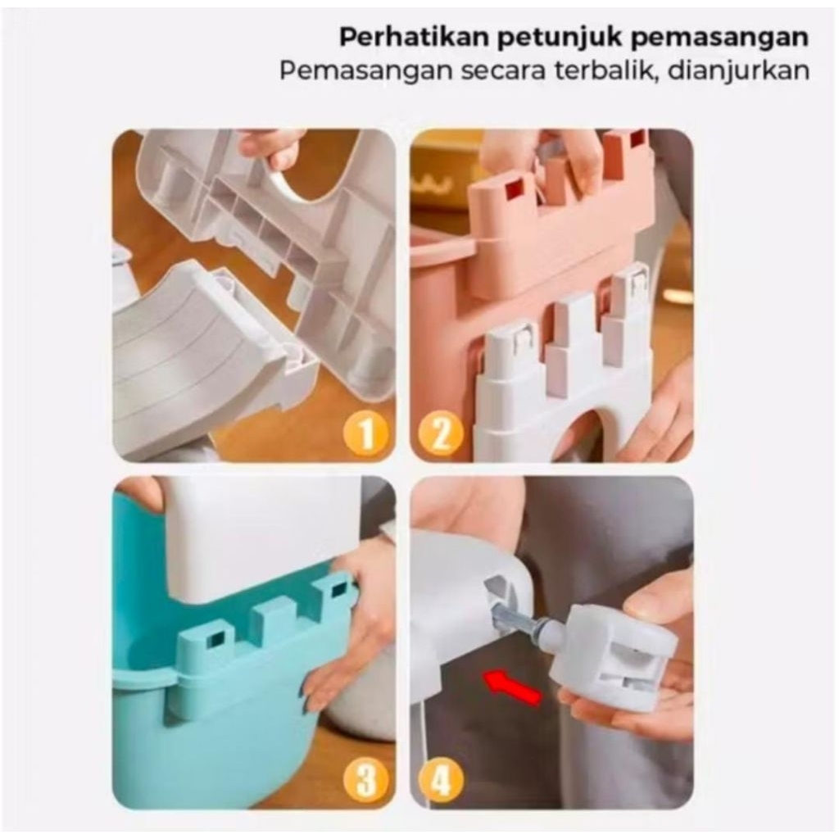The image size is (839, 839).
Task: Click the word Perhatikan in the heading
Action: (x=415, y=37)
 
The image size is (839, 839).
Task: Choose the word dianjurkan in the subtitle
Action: (x=739, y=71)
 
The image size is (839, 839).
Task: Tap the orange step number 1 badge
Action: (x=366, y=433)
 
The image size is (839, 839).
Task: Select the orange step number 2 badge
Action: (x=440, y=433)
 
